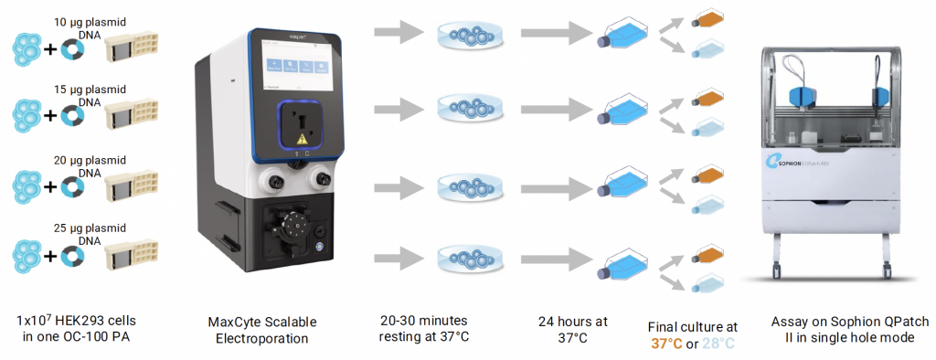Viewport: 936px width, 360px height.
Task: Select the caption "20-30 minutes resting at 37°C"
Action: [426, 329]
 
